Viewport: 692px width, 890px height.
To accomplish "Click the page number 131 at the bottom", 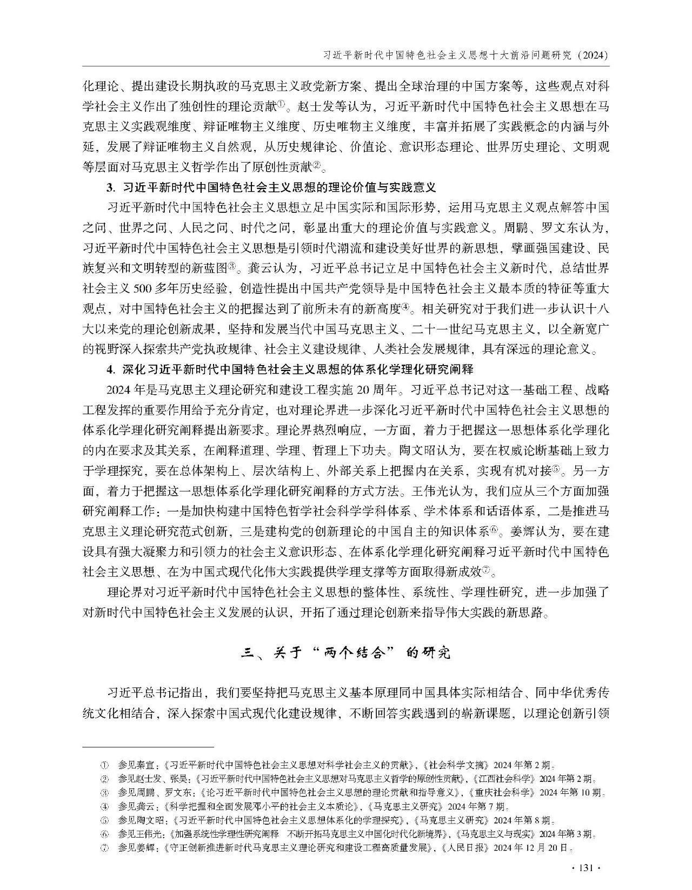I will click(586, 868).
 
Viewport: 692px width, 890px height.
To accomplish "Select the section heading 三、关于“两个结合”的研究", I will click(345, 653).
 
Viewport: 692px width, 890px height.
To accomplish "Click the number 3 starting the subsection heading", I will click(110, 188).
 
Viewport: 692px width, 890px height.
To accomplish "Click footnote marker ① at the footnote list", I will click(105, 765).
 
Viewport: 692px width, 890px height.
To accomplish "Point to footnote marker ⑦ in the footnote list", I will click(105, 848).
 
